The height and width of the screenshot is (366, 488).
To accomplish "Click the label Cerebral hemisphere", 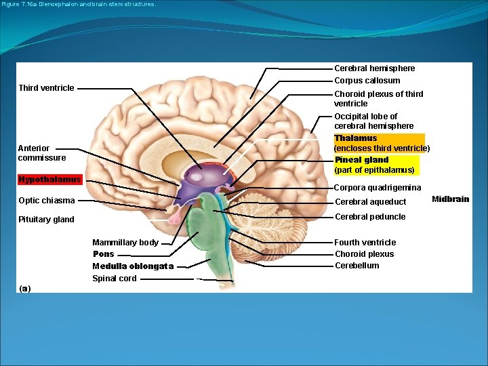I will [x=374, y=68].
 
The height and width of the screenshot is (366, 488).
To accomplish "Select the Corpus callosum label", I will [x=367, y=81].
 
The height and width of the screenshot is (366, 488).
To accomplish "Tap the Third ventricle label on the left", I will [x=46, y=88].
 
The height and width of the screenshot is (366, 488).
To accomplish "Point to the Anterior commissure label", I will [x=42, y=153].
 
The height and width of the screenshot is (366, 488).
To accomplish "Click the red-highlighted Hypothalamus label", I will [x=49, y=180].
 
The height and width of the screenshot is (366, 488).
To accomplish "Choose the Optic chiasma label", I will [x=46, y=201].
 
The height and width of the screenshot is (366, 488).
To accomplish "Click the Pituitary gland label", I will [x=46, y=220].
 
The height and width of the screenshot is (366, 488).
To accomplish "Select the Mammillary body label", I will [x=125, y=243].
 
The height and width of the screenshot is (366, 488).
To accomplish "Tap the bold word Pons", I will [x=104, y=254].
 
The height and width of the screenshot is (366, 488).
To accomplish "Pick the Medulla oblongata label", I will [x=133, y=266].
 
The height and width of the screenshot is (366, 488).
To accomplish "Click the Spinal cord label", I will [x=115, y=279].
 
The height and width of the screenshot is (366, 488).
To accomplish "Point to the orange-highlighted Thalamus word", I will [x=355, y=138].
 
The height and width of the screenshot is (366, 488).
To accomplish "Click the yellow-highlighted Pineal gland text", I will [x=361, y=160].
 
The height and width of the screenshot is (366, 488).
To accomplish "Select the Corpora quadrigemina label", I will [x=378, y=188].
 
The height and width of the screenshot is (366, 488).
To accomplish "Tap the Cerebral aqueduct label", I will [x=370, y=202].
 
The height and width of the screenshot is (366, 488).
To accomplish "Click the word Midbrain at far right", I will [x=450, y=199].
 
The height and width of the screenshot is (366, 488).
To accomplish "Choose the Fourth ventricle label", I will [x=365, y=243].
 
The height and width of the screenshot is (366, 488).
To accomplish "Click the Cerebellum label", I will [x=357, y=266].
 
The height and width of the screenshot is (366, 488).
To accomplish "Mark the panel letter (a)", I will [x=25, y=289].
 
